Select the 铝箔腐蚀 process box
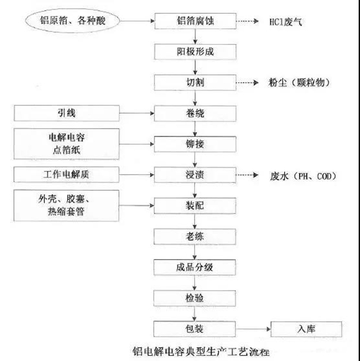(195, 22)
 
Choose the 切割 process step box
(195, 83)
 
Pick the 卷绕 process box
(195, 113)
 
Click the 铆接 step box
(195, 144)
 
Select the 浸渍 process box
(195, 175)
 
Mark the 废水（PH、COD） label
(303, 176)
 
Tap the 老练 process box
(195, 236)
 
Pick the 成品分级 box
(195, 267)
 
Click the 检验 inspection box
(195, 297)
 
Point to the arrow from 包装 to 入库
(253, 328)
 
